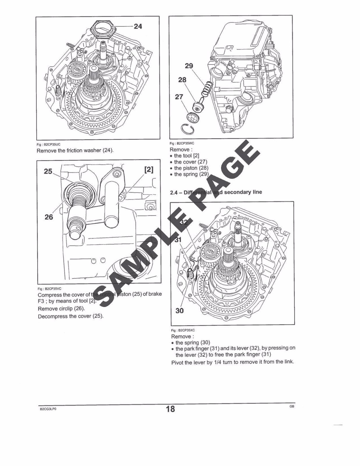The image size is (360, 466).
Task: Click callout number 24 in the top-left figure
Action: coord(138,27)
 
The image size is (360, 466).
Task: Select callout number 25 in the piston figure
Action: coord(48,171)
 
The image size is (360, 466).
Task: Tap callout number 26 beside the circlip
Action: coord(49,217)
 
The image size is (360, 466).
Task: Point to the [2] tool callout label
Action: coord(149,170)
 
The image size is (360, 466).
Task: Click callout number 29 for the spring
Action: coord(189,66)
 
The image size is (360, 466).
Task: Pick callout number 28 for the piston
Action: coord(182,80)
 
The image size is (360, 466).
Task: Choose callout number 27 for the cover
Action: coord(179,97)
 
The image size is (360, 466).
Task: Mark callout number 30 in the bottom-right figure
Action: coord(180,311)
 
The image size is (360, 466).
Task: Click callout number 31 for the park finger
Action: coord(178,240)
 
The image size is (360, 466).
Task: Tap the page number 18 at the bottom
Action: coord(170,409)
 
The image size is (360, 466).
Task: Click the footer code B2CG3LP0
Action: coord(48,409)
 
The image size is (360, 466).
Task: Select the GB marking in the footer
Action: coord(292,406)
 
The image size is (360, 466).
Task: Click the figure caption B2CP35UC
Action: coord(48,144)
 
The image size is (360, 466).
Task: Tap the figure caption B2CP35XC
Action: coord(183,330)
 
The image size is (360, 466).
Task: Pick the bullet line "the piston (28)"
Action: coord(191,168)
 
